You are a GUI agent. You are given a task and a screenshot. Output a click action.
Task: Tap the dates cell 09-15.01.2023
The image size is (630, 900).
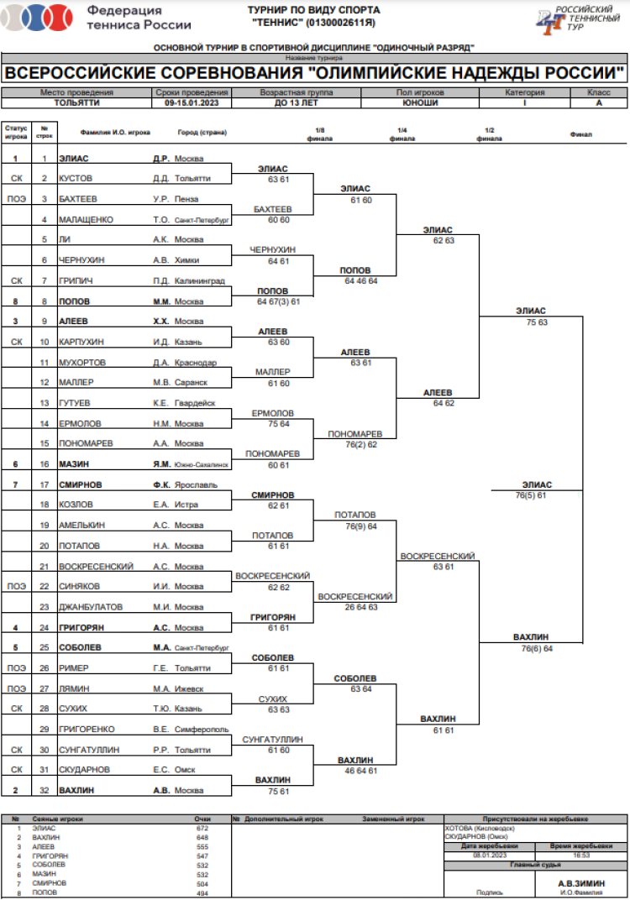click(x=191, y=102)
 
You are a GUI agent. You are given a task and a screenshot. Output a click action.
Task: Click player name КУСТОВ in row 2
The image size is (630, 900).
click(x=76, y=178)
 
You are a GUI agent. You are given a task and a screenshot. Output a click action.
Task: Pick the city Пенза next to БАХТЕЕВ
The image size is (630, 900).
click(x=186, y=199)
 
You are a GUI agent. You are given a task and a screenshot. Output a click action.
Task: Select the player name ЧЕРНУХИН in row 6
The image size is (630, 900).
click(x=81, y=259)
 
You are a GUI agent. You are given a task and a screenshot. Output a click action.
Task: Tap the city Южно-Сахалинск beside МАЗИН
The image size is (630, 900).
click(x=201, y=463)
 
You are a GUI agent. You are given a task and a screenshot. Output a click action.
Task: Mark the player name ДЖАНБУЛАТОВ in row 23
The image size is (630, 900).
click(x=91, y=606)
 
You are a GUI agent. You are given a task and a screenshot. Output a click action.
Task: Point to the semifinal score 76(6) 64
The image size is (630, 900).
click(x=537, y=648)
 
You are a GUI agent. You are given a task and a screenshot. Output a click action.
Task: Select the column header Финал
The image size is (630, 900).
click(x=580, y=134)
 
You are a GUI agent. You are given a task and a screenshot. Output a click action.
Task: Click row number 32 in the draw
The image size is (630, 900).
click(x=44, y=790)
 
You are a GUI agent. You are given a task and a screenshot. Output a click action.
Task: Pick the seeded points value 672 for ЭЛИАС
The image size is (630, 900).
click(x=202, y=828)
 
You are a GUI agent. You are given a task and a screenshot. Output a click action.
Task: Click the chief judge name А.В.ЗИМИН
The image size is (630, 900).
click(x=580, y=884)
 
